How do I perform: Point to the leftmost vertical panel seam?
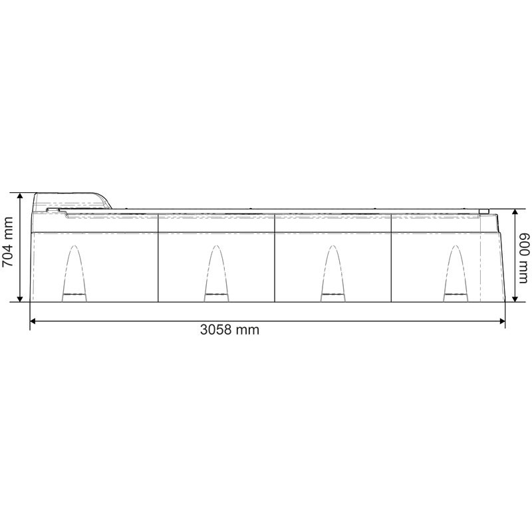158,259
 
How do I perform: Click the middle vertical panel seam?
275,259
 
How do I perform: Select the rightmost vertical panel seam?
392,259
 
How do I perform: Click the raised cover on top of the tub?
72,199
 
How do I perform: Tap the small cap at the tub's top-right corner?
484,212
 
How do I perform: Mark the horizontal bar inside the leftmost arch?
74,294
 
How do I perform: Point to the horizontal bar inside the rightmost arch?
455,294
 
